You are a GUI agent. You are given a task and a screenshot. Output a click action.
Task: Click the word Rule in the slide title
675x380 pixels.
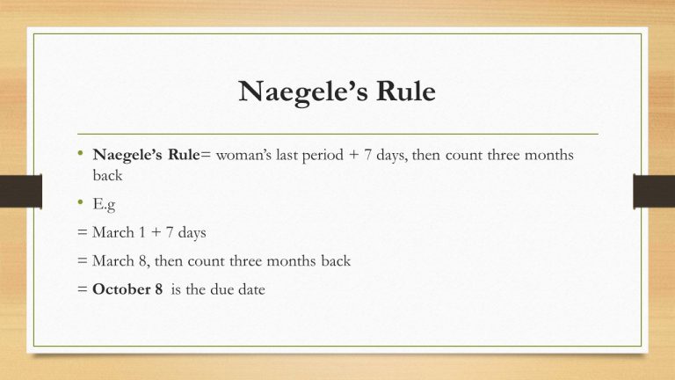click(x=403, y=91)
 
